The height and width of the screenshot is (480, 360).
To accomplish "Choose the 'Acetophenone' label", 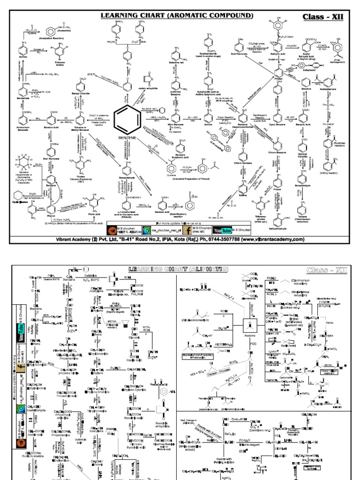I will pyautogui.click(x=328, y=88).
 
